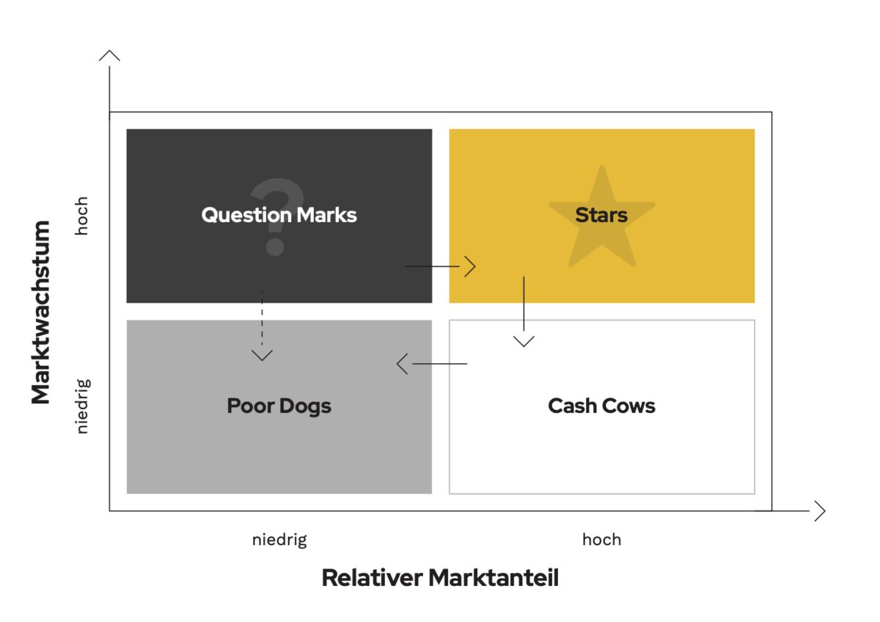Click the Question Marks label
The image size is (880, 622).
(x=279, y=215)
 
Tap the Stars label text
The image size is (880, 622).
(x=601, y=215)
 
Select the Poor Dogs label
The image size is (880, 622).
(x=279, y=406)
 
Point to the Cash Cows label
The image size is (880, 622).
(x=601, y=406)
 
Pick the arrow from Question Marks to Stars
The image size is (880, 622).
(x=440, y=266)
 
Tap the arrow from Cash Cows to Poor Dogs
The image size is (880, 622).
(x=433, y=364)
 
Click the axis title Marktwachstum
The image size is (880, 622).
(x=41, y=312)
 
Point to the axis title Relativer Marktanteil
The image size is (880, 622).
(x=440, y=578)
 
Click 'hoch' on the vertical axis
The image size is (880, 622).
(x=82, y=216)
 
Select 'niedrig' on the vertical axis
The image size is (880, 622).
(x=82, y=406)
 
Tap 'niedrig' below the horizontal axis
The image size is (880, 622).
(x=279, y=540)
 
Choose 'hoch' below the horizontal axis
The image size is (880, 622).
(x=601, y=540)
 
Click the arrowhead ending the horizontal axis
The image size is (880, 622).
(x=820, y=511)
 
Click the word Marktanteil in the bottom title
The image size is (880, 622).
(x=494, y=578)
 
